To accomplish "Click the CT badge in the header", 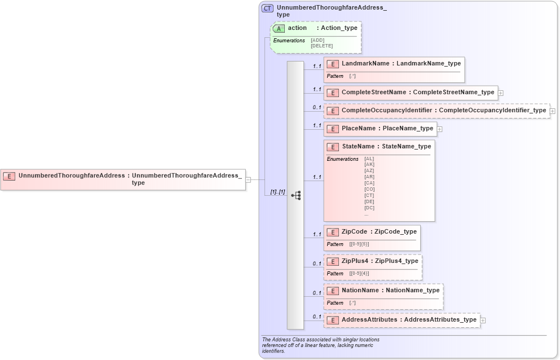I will tap(268, 8).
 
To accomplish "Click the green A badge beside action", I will tap(279, 28).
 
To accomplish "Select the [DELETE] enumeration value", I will tap(321, 46).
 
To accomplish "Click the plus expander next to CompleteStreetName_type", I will tap(501, 93).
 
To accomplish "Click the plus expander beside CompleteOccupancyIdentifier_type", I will tap(553, 111).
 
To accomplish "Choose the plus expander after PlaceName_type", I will tap(440, 129).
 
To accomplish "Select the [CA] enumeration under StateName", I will tap(369, 183).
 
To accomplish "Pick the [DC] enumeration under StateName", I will tap(369, 208).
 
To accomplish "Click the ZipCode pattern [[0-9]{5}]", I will tap(359, 244).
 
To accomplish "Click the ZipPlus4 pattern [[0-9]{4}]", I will tap(359, 274).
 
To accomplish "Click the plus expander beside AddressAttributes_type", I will tap(483, 321).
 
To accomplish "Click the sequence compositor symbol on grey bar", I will tap(296, 195).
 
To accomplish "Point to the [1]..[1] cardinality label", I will tap(277, 192).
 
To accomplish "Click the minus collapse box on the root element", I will tap(248, 179).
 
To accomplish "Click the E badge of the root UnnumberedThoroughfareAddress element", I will tap(9, 176).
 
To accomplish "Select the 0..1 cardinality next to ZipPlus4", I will tap(317, 264).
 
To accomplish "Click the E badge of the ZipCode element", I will tap(333, 232).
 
